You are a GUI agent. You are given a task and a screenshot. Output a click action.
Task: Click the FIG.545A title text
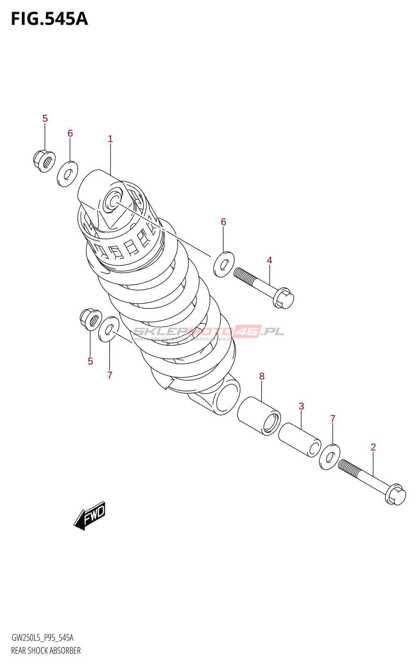[49, 19]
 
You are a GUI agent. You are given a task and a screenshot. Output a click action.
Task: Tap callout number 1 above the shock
[110, 139]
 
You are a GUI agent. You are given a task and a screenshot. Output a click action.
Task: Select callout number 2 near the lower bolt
[373, 447]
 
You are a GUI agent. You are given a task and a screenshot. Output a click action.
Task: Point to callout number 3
[301, 406]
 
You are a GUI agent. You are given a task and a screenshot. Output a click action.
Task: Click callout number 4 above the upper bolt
[269, 260]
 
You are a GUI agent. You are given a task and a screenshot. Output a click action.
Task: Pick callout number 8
[262, 376]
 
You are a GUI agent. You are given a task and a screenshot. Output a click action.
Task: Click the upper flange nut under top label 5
[44, 161]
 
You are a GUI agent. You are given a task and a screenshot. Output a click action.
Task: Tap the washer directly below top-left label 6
[68, 174]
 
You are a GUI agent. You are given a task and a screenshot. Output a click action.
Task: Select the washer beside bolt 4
[224, 264]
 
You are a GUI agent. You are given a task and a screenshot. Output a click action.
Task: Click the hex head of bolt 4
[284, 298]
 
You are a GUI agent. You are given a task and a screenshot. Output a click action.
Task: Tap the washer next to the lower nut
[108, 329]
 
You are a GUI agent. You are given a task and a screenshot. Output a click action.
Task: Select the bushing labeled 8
[259, 416]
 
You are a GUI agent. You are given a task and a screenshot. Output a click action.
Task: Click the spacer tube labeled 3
[300, 440]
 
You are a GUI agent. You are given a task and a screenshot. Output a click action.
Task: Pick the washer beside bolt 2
[330, 457]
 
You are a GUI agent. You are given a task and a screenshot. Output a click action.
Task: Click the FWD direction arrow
[90, 516]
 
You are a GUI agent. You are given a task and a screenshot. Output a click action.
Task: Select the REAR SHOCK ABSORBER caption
[46, 651]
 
